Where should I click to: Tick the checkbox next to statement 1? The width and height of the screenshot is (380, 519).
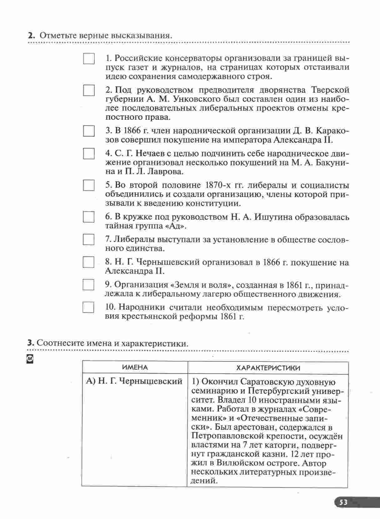point(89,59)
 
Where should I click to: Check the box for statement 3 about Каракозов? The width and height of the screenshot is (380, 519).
point(89,131)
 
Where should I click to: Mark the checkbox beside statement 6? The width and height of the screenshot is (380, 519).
point(89,217)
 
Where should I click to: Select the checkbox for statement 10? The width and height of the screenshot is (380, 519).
point(88,307)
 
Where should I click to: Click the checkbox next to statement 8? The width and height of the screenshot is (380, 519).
point(88,262)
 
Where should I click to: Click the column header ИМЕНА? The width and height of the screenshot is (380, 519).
point(135,367)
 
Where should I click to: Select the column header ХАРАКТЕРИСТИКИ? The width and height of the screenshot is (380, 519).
point(268,368)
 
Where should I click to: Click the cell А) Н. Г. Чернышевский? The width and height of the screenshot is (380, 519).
point(134,381)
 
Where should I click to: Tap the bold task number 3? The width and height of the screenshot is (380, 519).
point(30,343)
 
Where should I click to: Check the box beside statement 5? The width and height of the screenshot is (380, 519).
point(89,185)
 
